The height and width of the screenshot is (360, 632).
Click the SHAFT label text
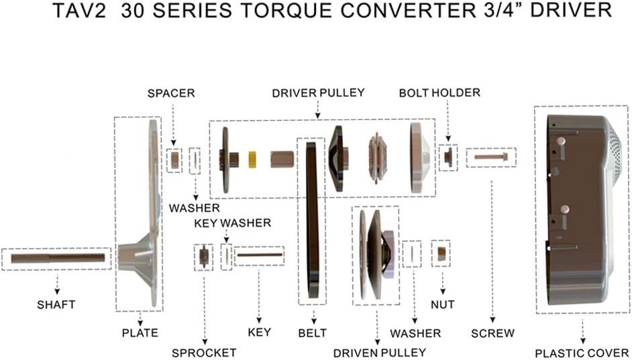56,304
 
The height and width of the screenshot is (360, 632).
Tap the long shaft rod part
58,258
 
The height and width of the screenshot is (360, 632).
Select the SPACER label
171,93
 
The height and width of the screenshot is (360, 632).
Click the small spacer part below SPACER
174,160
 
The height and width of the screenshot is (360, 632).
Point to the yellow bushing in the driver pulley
254,160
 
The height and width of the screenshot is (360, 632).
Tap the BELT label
312,333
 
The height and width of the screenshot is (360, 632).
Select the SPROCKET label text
204,353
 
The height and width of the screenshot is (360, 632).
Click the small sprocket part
203,257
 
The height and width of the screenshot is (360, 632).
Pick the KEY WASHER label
233,223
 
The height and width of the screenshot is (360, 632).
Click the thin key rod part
259,255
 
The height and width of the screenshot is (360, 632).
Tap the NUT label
443,304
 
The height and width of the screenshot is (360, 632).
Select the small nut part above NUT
441,253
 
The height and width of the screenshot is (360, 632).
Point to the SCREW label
492,333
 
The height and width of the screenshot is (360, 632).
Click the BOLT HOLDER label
439,93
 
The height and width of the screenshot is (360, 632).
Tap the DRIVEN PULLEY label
380,352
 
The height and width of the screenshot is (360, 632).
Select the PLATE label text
140,333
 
